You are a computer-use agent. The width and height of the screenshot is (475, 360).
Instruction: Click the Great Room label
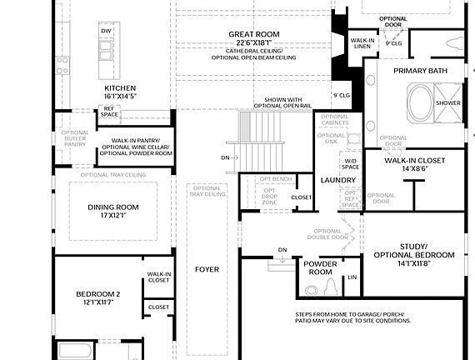coord(254,34)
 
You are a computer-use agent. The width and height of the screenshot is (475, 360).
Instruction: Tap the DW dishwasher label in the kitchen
coord(106,31)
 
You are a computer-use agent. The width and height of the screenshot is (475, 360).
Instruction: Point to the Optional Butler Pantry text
coord(75,138)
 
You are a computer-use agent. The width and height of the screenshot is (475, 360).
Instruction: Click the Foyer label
coord(207,269)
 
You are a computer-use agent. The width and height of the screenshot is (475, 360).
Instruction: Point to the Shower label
coord(448,102)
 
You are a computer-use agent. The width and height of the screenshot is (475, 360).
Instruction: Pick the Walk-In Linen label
coord(362,43)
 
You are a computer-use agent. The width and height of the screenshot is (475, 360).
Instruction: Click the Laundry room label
coord(338,179)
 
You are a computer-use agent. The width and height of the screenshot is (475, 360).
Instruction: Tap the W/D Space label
coord(352,164)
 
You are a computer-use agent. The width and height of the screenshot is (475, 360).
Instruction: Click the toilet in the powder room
coord(329,288)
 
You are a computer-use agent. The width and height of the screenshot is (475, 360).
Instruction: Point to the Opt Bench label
coord(275,178)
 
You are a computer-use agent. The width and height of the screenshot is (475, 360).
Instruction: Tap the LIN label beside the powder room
coord(352,276)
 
